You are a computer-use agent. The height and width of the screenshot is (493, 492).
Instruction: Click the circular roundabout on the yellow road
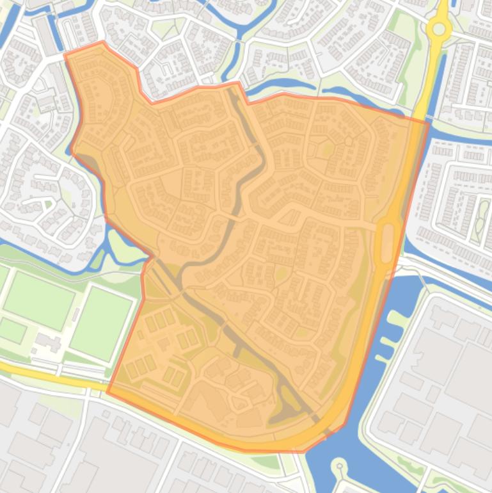[439, 29]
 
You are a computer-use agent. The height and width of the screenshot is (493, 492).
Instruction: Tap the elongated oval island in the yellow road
[386, 242]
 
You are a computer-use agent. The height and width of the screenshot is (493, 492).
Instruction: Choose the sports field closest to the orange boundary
[100, 322]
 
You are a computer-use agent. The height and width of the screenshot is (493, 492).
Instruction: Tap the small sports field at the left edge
[12, 330]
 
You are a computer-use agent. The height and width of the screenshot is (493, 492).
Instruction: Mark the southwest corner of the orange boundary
[107, 391]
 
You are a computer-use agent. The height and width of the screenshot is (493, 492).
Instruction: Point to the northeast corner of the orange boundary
[427, 121]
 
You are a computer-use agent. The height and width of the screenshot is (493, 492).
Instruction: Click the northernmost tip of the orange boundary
[103, 43]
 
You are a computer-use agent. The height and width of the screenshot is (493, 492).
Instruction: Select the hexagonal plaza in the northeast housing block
[348, 139]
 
